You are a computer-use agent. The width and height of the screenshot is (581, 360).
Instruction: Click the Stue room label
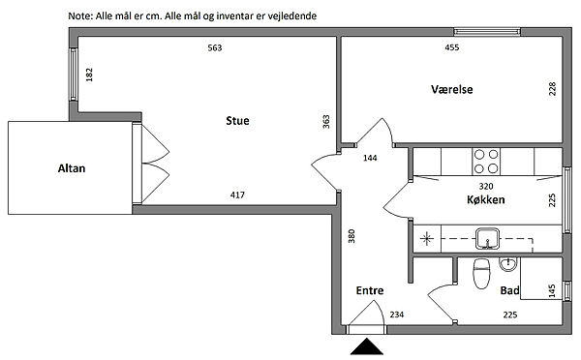237,121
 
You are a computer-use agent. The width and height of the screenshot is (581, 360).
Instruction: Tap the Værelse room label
451,89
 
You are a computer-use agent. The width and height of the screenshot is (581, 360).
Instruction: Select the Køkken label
485,199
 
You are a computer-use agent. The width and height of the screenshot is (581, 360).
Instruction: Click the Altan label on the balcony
72,168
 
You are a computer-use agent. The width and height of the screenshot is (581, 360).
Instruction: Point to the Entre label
370,290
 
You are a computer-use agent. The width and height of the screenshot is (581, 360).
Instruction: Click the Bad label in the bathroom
510,290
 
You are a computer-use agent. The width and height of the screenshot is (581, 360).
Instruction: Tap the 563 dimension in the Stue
215,47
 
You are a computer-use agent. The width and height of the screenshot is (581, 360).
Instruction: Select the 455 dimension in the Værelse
451,47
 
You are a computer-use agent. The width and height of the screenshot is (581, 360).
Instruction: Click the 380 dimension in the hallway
352,236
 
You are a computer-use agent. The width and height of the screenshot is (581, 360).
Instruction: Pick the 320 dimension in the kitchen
486,186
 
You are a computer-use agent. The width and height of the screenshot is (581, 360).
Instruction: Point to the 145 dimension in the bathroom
552,290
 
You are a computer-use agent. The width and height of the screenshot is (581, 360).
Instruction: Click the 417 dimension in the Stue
237,195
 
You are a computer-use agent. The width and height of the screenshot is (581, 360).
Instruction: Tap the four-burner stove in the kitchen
486,162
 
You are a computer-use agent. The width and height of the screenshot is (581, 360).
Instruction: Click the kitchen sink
487,239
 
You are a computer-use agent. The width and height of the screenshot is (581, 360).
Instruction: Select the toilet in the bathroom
481,273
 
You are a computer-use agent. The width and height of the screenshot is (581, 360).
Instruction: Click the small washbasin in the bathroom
507,263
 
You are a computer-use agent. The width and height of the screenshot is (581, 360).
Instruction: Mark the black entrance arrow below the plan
366,346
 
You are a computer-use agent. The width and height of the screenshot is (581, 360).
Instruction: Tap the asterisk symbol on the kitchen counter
427,239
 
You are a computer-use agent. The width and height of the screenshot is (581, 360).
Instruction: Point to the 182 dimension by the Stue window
89,75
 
